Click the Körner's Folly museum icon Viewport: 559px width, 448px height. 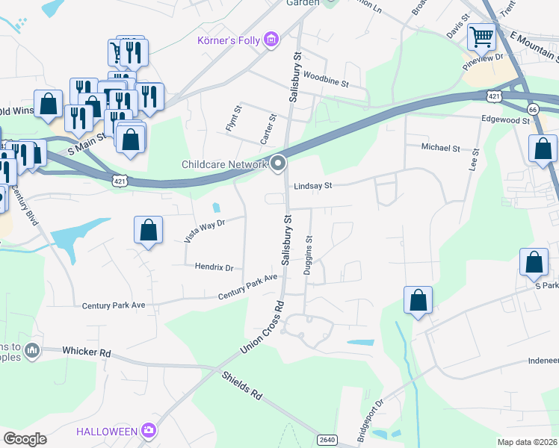pos(271,39)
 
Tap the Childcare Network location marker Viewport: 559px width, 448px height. pos(279,164)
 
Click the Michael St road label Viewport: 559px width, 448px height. pos(441,148)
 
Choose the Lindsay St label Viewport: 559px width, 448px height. pos(312,185)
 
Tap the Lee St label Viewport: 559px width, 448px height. pos(473,161)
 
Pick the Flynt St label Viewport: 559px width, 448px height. pos(234,119)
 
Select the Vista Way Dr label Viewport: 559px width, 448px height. pos(204,229)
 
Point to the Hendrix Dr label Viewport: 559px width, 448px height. pos(214,267)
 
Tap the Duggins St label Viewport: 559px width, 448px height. pos(308,256)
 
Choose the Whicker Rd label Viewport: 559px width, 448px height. pos(87,351)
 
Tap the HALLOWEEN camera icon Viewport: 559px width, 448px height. pos(149,430)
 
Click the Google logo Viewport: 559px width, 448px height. pos(25,439)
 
